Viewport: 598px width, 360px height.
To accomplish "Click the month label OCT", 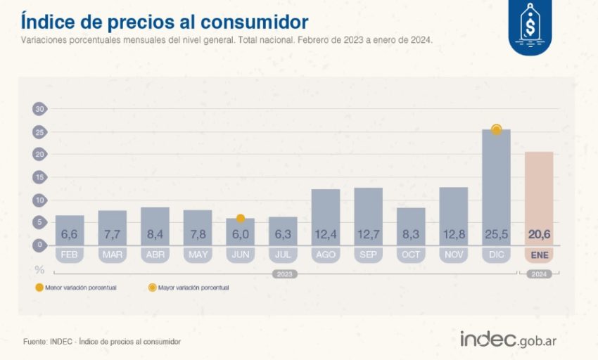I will (x=411, y=254).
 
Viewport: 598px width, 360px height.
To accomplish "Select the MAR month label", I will (x=112, y=254).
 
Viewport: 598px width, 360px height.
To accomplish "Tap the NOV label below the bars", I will (x=453, y=254).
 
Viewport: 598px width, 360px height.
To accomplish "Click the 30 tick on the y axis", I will (x=39, y=109).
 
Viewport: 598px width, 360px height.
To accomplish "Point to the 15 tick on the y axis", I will (x=39, y=177).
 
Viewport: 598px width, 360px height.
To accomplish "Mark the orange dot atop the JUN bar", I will (x=240, y=219).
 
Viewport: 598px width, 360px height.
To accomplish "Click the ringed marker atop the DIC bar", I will (x=496, y=129).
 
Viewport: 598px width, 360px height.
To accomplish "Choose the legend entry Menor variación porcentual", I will (x=77, y=287).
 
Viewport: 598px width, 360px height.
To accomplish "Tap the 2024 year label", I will (x=538, y=274).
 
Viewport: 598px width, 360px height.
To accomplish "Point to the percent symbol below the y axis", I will (x=39, y=269).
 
